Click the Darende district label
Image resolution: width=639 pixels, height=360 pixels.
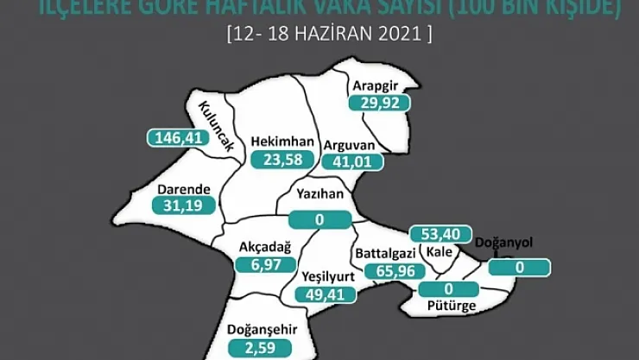pos(181,188)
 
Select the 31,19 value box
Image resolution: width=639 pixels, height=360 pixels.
pos(181,205)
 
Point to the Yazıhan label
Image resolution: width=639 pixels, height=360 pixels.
pos(319,194)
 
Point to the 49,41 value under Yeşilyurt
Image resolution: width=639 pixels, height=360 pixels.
pos(321,294)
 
